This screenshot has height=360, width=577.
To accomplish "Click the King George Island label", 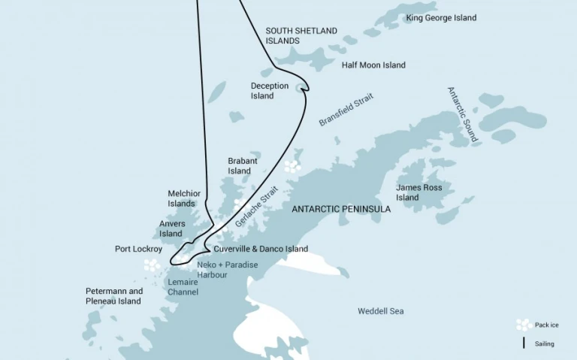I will click(441, 18).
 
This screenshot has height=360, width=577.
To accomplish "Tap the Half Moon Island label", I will click(373, 65).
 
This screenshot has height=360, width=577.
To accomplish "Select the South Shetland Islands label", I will click(301, 36).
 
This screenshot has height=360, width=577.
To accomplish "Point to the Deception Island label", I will click(269, 91).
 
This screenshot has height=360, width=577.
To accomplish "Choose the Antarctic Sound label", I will click(462, 114).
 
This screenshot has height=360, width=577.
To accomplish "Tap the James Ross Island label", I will click(418, 192).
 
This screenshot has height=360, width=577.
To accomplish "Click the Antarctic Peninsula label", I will click(340, 209).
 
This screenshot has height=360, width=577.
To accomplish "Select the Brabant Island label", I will click(243, 166).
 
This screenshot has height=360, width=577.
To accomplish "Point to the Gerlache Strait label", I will click(256, 207).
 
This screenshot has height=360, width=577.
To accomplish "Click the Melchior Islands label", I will click(184, 198).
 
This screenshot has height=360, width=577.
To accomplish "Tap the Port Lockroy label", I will click(138, 249).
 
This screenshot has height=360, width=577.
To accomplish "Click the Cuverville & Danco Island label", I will click(261, 249).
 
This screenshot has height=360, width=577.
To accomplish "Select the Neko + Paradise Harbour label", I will click(227, 270).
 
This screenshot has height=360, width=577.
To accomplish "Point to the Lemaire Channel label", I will click(183, 287).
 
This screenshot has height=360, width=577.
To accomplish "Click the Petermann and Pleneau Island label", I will click(113, 296).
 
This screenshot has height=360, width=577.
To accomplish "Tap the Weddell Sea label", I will click(380, 310).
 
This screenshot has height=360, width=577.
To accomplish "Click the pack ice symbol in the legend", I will click(524, 325).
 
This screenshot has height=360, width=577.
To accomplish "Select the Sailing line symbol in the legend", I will click(524, 343).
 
